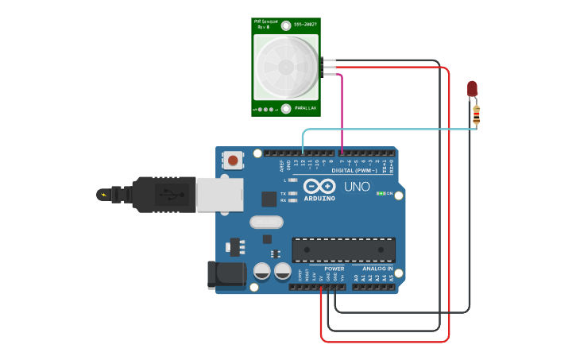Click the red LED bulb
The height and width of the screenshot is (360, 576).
(472, 87)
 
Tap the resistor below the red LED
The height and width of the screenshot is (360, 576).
(476, 115)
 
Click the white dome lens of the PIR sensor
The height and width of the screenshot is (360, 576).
(285, 67)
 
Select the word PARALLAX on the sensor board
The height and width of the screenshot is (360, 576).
(306, 107)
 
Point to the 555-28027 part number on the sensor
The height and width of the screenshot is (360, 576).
(306, 25)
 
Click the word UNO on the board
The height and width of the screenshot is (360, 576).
(357, 187)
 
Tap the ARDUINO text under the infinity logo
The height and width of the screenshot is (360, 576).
(319, 198)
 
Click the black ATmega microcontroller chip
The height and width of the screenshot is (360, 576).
(343, 250)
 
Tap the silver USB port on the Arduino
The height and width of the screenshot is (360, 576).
(219, 194)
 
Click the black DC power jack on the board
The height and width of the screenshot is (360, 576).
(226, 274)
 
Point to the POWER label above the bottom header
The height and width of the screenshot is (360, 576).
(334, 269)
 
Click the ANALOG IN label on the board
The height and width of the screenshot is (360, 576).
(378, 269)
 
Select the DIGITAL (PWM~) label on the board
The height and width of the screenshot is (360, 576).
(354, 170)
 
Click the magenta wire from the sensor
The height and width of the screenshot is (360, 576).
(342, 111)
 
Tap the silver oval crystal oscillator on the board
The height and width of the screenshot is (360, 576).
(266, 223)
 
